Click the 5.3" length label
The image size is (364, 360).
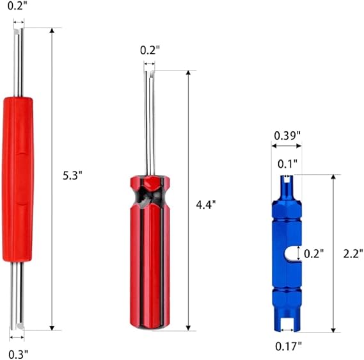72,176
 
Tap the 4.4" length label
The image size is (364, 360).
206,205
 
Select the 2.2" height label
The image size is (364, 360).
353,254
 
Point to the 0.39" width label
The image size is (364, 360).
287,136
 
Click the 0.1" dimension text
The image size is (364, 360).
287,164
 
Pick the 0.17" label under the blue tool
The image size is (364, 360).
289,347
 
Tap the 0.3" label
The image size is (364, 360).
19,355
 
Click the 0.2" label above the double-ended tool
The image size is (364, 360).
17,6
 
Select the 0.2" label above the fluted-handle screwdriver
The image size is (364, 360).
150,50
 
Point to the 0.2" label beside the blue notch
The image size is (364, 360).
313,254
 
